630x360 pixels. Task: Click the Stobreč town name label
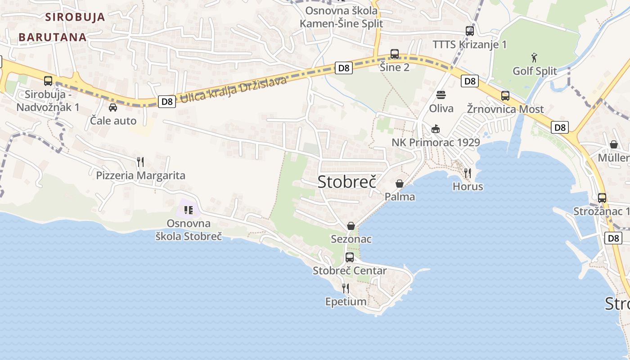coord(346,181)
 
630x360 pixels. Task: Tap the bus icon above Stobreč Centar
coord(350,257)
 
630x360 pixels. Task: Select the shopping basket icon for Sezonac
coord(351,225)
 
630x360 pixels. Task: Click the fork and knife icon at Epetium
coord(346,288)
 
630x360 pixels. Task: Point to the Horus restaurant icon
coord(468,173)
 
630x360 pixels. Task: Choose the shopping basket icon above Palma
coord(399,184)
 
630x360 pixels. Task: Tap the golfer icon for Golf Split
coord(534,58)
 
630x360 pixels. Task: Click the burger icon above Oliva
coord(441,95)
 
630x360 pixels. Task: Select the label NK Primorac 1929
coord(436,143)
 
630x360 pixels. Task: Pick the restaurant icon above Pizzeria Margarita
coord(140,162)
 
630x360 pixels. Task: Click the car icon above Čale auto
coord(112,107)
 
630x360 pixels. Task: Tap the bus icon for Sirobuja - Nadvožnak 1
coord(48,81)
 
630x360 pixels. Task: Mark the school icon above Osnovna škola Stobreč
coord(189,210)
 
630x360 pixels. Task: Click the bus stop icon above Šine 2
coord(395,54)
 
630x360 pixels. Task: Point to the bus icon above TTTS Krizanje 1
coord(470,31)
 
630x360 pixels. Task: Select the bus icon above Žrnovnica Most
coord(505,96)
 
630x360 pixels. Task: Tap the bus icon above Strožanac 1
coord(602,198)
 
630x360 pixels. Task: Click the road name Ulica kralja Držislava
coord(233,90)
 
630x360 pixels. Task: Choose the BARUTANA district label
coord(53,37)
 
